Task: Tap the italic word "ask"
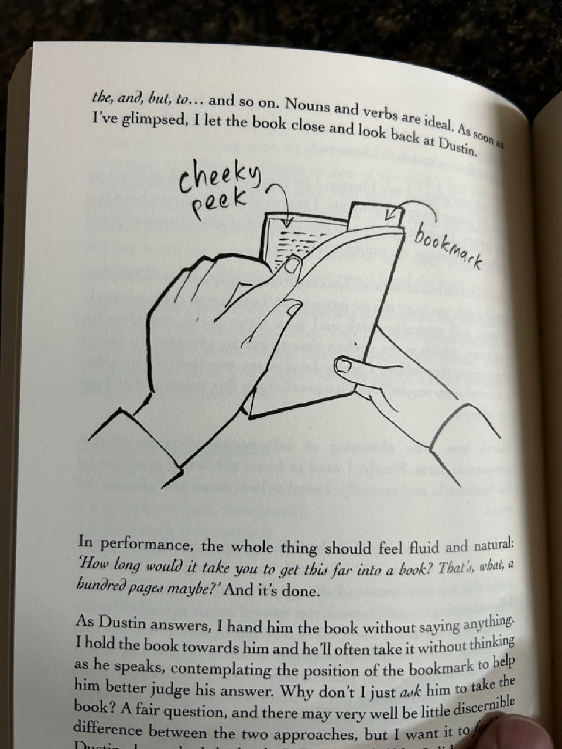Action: tap(409, 691)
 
